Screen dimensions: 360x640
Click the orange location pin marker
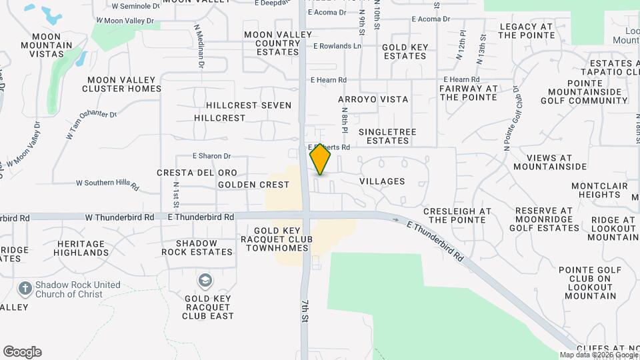click(321, 159)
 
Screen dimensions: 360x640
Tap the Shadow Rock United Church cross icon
click(25, 289)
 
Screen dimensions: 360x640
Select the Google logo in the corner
click(22, 352)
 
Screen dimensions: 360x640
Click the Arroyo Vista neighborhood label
click(373, 99)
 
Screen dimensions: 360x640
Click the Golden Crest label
click(253, 184)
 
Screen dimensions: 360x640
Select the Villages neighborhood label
click(382, 181)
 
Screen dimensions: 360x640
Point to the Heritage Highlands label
click(81, 248)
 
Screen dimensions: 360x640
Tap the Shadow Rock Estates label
click(197, 247)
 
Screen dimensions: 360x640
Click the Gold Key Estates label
click(404, 52)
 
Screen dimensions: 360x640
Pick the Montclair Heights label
click(599, 190)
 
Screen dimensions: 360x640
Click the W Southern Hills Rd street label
click(107, 183)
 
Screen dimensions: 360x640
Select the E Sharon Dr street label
click(211, 156)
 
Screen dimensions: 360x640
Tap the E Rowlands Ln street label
click(337, 46)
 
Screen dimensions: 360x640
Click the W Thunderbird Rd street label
click(119, 217)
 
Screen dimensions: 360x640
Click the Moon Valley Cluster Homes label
click(122, 84)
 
